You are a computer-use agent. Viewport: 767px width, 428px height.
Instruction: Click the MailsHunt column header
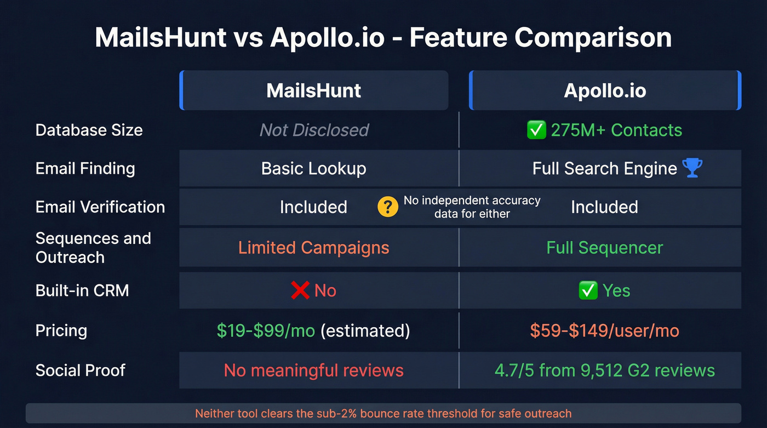313,90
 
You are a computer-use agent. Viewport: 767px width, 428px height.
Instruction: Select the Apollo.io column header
605,90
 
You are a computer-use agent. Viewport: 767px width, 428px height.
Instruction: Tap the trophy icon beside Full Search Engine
692,168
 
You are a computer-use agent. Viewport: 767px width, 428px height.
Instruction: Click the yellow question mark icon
388,207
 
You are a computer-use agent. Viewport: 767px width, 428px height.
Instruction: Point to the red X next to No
300,290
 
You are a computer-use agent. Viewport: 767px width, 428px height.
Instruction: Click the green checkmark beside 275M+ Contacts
536,130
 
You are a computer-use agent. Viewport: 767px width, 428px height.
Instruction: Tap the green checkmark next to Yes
588,290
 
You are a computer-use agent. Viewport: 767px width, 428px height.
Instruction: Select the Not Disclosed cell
314,130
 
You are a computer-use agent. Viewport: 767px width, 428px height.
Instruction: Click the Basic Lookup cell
313,168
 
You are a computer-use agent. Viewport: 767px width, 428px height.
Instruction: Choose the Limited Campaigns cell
313,248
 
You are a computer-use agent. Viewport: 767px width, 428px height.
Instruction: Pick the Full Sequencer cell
604,248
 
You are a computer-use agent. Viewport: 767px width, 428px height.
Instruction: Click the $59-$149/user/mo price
604,330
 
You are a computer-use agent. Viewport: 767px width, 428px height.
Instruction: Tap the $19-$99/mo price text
266,330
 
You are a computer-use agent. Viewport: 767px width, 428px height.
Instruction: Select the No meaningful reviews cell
313,370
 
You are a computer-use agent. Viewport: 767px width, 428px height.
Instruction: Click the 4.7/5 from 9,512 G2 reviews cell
604,370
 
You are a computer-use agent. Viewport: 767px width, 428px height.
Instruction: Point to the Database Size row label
89,130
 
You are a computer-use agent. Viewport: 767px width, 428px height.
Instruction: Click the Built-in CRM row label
82,290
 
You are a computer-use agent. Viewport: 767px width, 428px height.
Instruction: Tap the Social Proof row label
80,370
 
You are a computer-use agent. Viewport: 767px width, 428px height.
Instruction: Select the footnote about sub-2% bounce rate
383,413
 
